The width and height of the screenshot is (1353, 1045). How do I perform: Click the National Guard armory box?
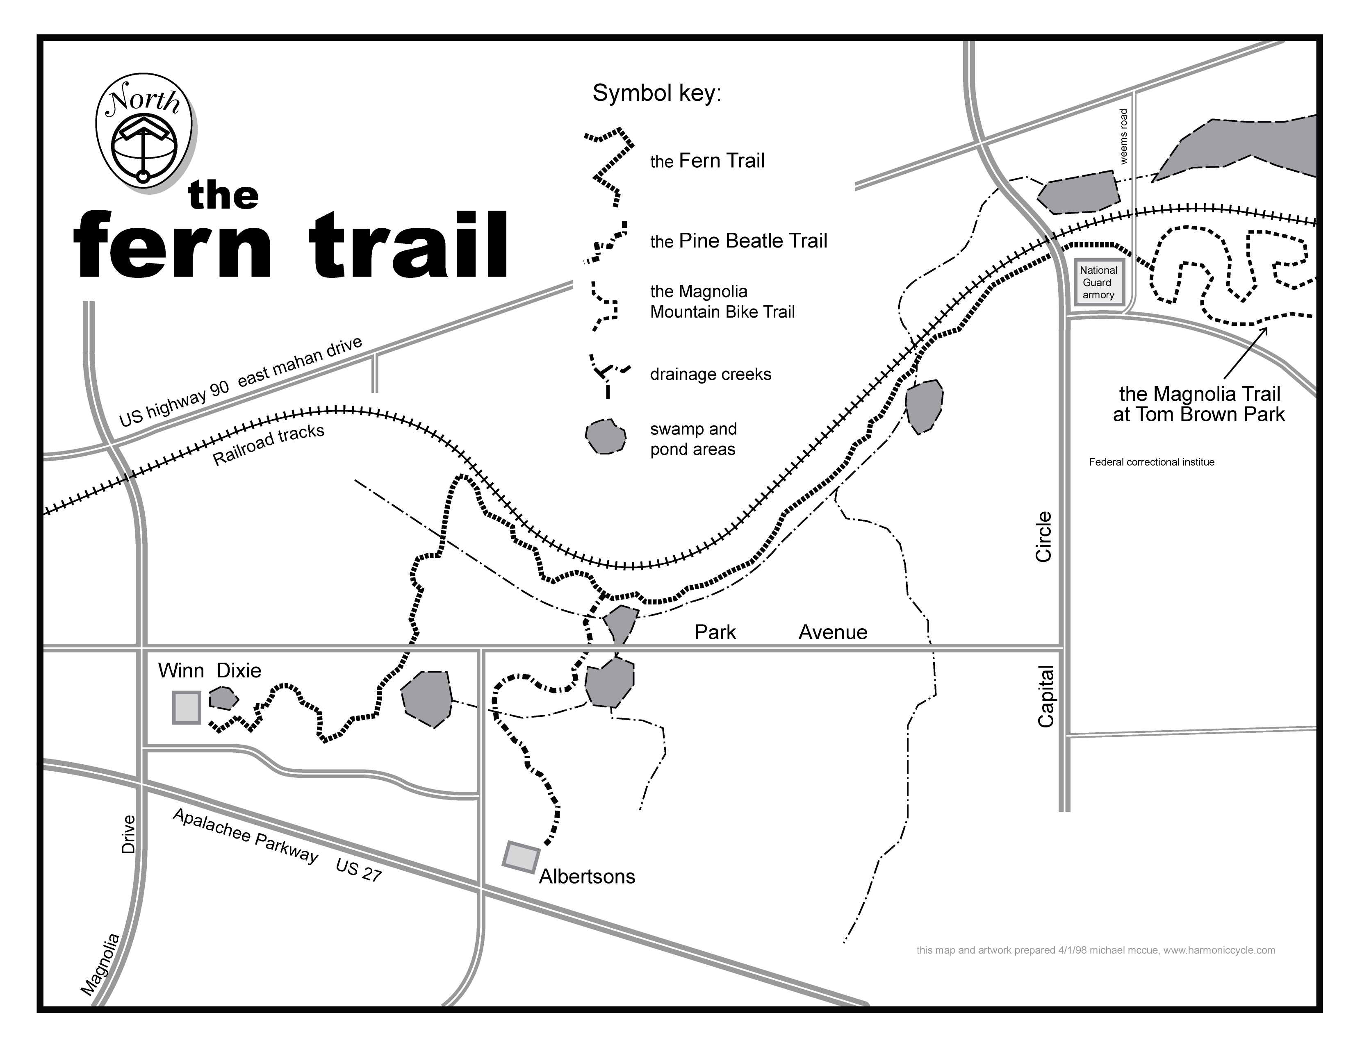tap(1098, 282)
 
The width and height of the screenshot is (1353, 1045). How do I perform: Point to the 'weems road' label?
tap(1124, 137)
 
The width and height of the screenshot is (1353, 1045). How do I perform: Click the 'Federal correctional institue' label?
tap(1152, 462)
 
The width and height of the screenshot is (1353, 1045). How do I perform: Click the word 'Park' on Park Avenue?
tap(715, 632)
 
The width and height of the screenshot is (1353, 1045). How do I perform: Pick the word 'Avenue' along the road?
tap(833, 632)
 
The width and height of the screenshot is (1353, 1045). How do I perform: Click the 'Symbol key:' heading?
tap(657, 93)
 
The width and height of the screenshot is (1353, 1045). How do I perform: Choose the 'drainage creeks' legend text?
tap(711, 375)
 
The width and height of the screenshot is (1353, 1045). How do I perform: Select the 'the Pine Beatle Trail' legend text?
tap(738, 241)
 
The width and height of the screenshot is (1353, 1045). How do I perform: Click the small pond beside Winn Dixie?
tap(223, 698)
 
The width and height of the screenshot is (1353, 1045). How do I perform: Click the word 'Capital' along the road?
tap(1046, 696)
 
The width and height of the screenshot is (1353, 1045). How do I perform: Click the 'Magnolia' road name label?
tap(101, 973)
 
